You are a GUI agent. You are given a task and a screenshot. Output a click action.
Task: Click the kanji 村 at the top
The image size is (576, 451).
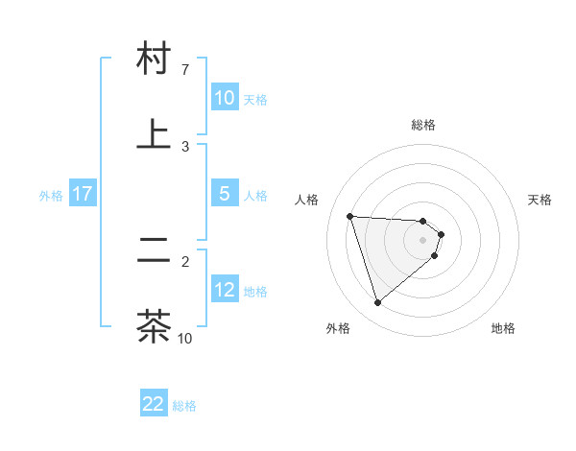tap(154, 59)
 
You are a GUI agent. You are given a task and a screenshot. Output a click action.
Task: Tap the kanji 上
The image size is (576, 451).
tap(154, 133)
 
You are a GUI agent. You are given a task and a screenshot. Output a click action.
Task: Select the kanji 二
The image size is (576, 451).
tap(154, 251)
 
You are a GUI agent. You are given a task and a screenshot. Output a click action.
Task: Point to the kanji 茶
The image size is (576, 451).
tap(154, 325)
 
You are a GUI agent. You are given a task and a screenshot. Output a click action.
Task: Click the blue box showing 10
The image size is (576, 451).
tap(225, 98)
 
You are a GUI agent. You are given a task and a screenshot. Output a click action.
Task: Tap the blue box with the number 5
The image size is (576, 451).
tap(225, 194)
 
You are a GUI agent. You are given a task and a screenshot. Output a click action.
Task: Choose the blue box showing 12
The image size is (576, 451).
tap(225, 290)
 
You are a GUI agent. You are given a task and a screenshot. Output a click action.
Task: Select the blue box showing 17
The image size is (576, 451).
tap(83, 194)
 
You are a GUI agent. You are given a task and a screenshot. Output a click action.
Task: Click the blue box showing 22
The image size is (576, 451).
tap(154, 404)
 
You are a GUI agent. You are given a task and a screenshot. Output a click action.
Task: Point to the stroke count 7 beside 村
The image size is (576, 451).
tap(185, 70)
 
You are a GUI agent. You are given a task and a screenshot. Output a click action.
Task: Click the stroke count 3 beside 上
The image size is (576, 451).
tap(185, 146)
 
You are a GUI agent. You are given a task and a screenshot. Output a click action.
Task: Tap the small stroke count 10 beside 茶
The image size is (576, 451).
tap(185, 338)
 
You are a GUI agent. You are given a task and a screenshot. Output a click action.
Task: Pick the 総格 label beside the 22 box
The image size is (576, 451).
tap(184, 406)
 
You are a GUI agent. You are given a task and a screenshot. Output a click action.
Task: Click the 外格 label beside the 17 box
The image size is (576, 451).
tap(51, 195)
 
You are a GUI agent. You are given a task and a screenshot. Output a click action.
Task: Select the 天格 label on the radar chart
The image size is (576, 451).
tap(540, 200)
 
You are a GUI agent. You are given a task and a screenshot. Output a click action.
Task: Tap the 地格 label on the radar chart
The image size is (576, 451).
tap(503, 328)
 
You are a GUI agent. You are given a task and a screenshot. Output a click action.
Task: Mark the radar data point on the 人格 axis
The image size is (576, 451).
tap(350, 216)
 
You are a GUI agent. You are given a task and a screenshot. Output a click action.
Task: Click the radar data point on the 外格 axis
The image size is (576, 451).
tap(377, 303)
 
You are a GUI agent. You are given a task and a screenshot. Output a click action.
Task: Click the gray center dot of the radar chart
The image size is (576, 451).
tap(422, 240)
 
